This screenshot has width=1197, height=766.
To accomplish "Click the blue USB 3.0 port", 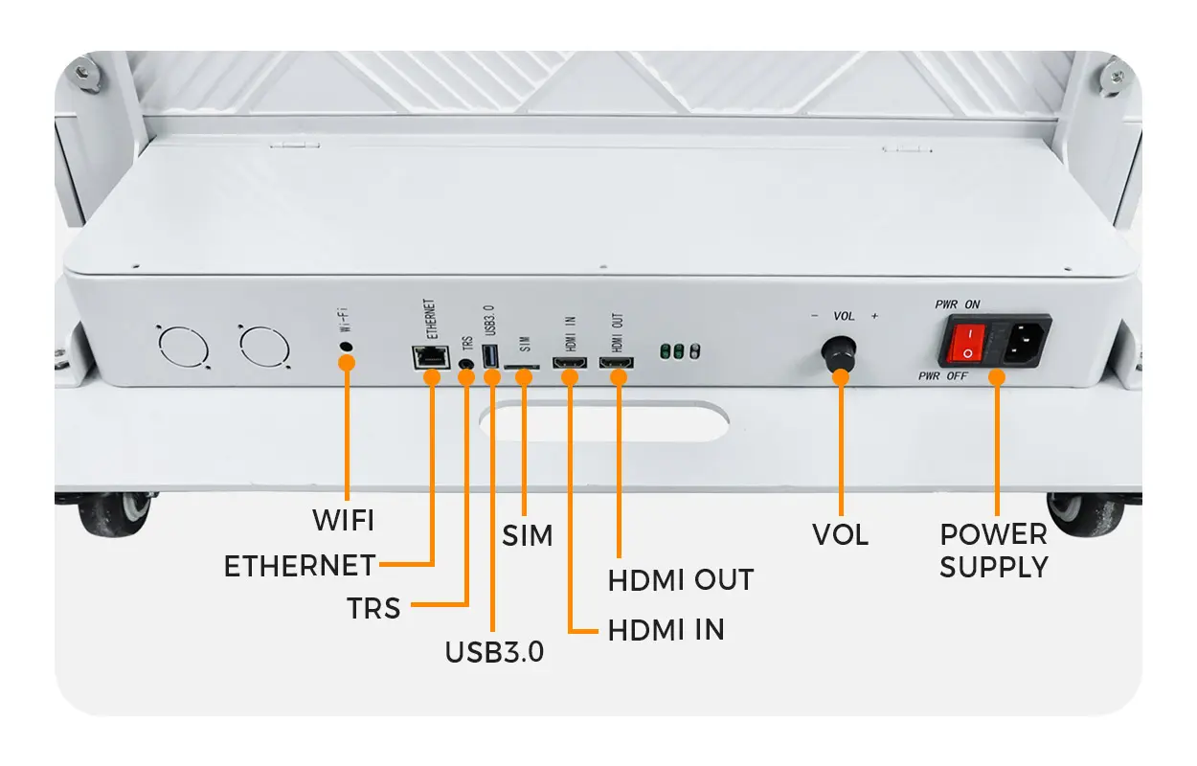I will pos(492,357).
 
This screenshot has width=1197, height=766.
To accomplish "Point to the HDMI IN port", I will pos(571,365).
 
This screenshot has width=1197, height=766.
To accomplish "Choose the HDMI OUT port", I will pos(617,365).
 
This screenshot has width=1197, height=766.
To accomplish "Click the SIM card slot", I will pos(523,367).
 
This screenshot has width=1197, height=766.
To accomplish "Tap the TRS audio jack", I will pos(467,364).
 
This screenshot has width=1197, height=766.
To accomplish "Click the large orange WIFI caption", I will pos(343,521).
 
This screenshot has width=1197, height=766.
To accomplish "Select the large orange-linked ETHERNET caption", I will pos(299,566).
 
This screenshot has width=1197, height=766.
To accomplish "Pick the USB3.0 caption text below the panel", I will pos(494,652).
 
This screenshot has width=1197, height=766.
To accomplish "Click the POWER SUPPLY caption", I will pos(993,551).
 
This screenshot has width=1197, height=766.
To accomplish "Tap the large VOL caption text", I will pos(840,535).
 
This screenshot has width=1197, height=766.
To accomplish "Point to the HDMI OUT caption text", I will pos(681,580).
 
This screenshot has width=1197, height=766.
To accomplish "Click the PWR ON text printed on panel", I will pos(958,304).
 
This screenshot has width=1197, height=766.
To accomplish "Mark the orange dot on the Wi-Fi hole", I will pos(347,363).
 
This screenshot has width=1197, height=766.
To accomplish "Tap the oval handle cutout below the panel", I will pos(603,422).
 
